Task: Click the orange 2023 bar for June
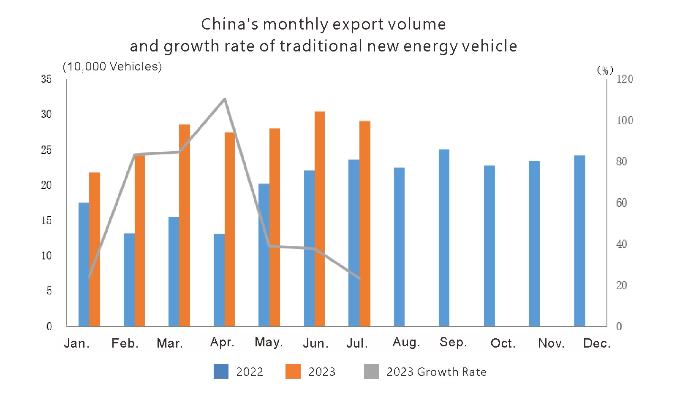click(x=320, y=219)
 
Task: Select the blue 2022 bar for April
click(x=219, y=280)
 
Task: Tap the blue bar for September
click(x=444, y=238)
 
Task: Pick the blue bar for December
click(x=579, y=241)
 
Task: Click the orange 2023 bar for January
click(x=95, y=249)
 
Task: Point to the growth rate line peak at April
click(x=225, y=99)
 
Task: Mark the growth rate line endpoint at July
click(x=359, y=278)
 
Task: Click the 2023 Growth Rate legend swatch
click(x=371, y=372)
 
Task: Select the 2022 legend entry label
click(x=250, y=372)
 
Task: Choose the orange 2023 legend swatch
click(x=293, y=372)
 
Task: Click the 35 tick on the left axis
click(x=46, y=79)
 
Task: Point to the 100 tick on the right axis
click(x=625, y=120)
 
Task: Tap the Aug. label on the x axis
click(x=406, y=342)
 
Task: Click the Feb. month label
click(x=125, y=343)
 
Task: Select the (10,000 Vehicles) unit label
click(x=112, y=67)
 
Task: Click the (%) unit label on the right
click(x=605, y=70)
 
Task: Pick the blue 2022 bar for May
click(x=264, y=255)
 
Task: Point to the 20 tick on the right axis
click(x=621, y=286)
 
